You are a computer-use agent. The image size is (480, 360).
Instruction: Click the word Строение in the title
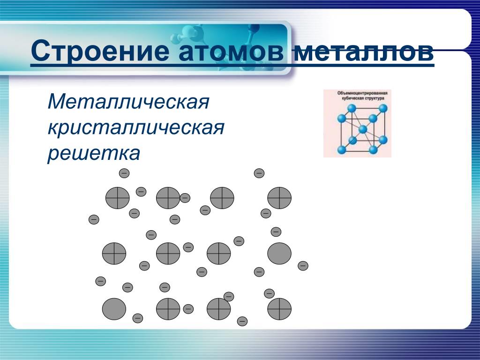(x=100, y=51)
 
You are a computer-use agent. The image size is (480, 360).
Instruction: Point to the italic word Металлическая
(x=128, y=102)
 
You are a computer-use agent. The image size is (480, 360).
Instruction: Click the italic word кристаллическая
(x=136, y=128)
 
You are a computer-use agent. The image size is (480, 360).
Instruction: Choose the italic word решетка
(x=94, y=153)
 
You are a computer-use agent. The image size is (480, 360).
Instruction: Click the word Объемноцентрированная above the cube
(x=362, y=93)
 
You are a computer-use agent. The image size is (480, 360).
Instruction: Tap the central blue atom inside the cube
(x=363, y=129)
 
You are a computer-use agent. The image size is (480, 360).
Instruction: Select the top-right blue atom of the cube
(x=382, y=108)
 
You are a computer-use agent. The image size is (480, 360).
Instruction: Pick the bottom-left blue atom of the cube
(x=341, y=150)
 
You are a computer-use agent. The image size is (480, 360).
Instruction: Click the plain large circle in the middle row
(x=279, y=254)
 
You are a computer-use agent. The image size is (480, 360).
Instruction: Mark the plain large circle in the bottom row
(x=114, y=309)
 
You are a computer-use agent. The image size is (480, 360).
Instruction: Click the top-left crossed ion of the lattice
(x=118, y=198)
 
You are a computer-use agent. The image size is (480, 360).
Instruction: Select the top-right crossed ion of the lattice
(x=279, y=198)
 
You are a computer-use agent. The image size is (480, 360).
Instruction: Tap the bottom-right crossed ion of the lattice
(x=279, y=309)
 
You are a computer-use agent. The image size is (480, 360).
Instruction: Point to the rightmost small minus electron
(x=303, y=266)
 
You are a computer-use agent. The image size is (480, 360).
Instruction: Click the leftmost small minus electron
(x=94, y=219)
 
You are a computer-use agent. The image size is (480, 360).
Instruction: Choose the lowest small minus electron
(x=242, y=321)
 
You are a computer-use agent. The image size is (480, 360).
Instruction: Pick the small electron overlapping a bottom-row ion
(x=229, y=297)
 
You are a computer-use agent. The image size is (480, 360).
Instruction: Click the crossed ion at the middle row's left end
(x=114, y=254)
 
